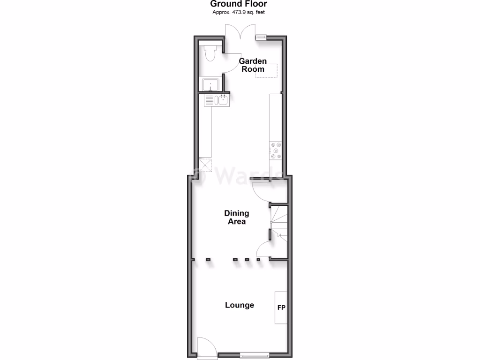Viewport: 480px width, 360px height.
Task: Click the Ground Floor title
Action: [239, 4]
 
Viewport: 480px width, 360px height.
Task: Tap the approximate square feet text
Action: [239, 12]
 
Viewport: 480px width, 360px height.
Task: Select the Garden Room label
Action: [253, 65]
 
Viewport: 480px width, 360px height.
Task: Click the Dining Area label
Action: [236, 217]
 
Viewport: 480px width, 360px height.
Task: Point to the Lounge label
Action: [240, 305]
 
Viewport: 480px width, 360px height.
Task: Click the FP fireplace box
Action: [281, 307]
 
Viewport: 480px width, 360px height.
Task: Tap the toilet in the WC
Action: [210, 52]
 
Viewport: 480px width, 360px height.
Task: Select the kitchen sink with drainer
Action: [217, 100]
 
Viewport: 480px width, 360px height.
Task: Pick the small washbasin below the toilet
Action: [210, 85]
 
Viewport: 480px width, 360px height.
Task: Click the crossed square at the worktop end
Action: [205, 165]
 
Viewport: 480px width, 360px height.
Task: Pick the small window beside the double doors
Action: [261, 37]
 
